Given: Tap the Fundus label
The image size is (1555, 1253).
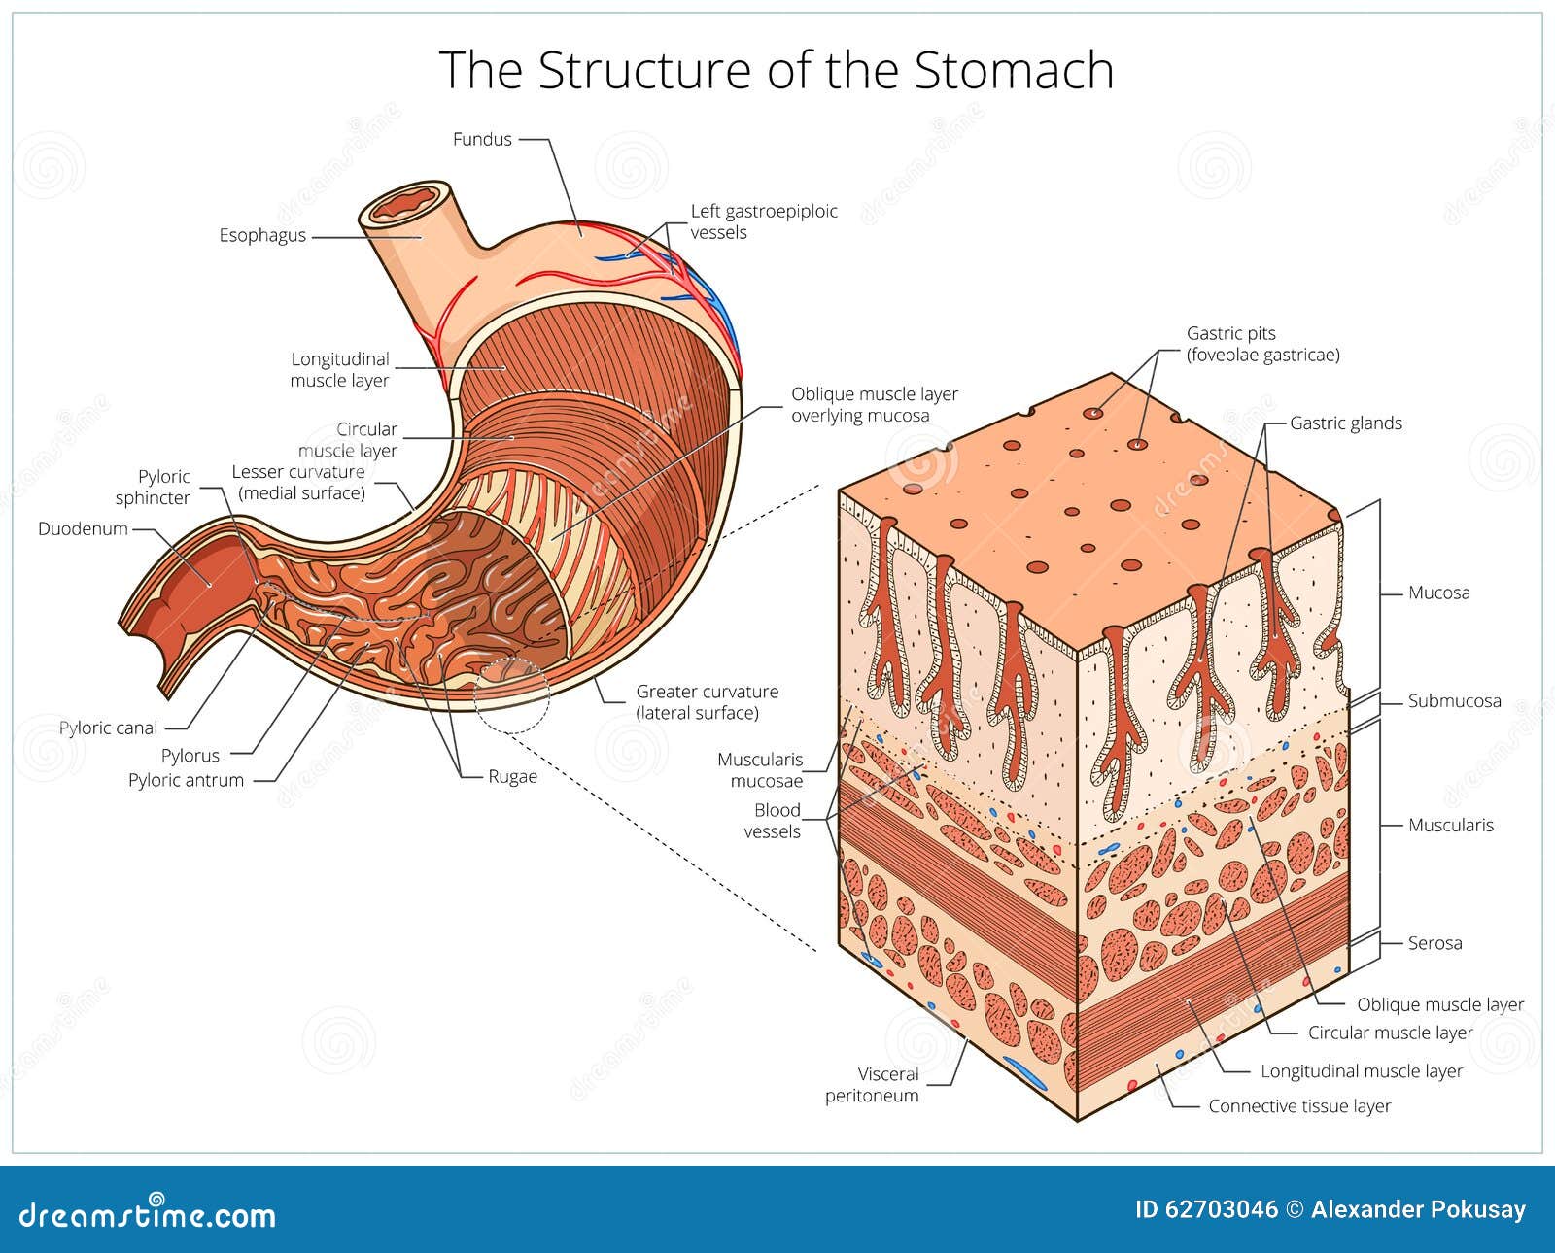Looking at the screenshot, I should pos(482,139).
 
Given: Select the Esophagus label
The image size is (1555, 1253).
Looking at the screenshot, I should pos(262,235).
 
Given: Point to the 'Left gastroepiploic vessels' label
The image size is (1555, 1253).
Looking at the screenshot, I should pos(763,221).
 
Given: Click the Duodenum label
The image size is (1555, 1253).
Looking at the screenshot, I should pos(83,529).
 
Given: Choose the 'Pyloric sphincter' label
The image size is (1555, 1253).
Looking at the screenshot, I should pos(153,487).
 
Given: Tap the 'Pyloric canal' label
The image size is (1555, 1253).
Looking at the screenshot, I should pos(108,728).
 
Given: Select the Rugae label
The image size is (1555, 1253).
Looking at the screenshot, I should pos(512,776).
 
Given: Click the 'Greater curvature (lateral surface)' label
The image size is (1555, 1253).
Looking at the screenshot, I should pos(707,702).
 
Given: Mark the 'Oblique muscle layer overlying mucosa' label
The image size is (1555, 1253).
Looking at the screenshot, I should pos(874,405).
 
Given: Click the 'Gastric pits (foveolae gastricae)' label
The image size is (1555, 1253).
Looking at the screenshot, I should pos(1262,344).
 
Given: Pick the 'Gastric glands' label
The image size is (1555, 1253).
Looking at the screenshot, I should pos(1345,423).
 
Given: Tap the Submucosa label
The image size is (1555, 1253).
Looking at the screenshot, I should pos(1454,700).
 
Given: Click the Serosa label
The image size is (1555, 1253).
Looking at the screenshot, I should pos(1434,942).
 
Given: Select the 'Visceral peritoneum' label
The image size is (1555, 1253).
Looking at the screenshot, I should pos(872,1085).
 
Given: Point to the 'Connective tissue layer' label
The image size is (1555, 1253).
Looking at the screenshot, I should pos(1299,1106).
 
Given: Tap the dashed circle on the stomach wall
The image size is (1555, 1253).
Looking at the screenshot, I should pos(512,694).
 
